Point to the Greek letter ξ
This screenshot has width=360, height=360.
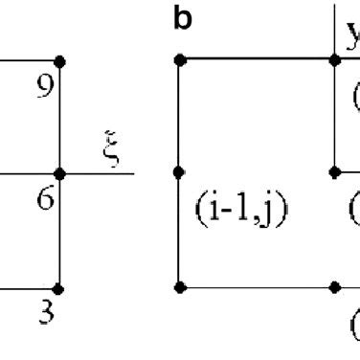pos(113,150)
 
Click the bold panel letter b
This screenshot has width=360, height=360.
pos(182,20)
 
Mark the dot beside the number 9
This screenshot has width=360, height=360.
pos(59,61)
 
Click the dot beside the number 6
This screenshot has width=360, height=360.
pos(59,174)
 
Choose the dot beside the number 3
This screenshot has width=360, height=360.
pos(59,287)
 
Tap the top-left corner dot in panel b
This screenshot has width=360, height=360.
pos(180,60)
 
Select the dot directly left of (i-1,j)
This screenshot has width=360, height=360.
pos(180,173)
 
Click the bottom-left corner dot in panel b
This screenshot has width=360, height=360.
pos(180,286)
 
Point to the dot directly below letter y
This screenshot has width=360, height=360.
pos(334,60)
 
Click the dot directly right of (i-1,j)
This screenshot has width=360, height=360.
pos(334,173)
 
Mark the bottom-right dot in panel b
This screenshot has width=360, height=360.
pos(334,286)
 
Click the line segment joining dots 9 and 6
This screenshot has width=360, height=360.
pos(59,118)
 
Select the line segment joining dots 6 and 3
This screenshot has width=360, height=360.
pos(59,231)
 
